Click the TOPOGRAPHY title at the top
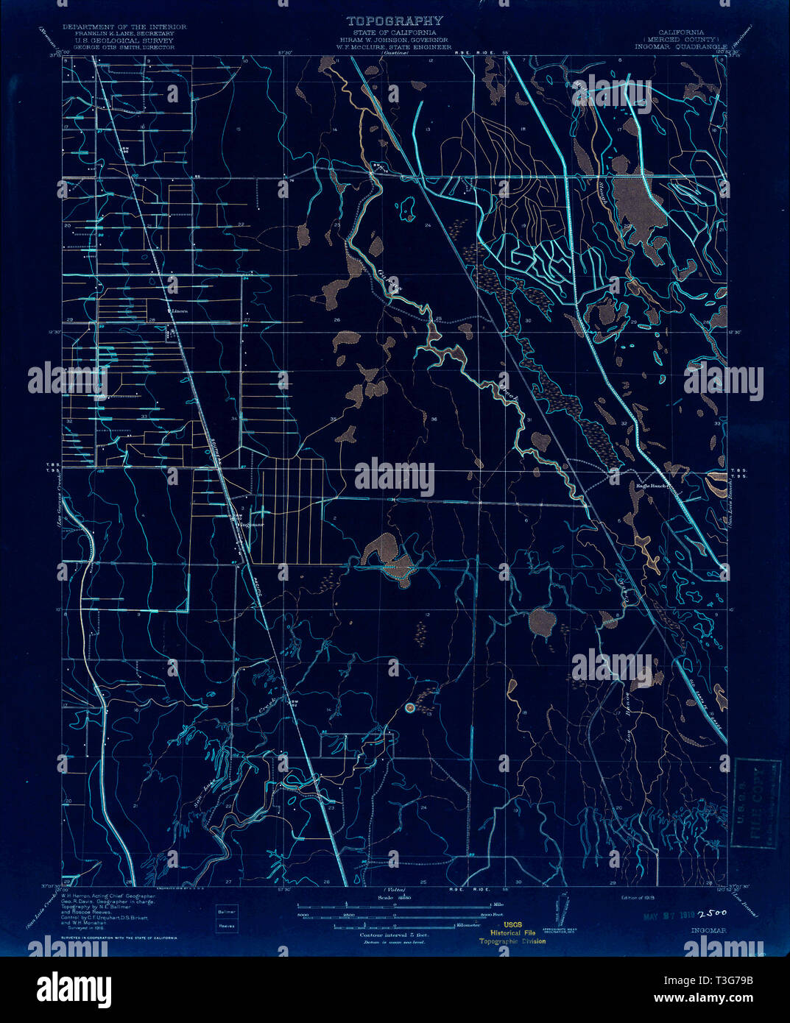click(395, 21)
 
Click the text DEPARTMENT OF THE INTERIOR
click(124, 26)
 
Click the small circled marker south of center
click(410, 708)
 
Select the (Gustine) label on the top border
click(395, 54)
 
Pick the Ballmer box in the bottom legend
click(227, 911)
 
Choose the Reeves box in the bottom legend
click(227, 926)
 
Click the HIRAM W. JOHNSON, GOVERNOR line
click(395, 40)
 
